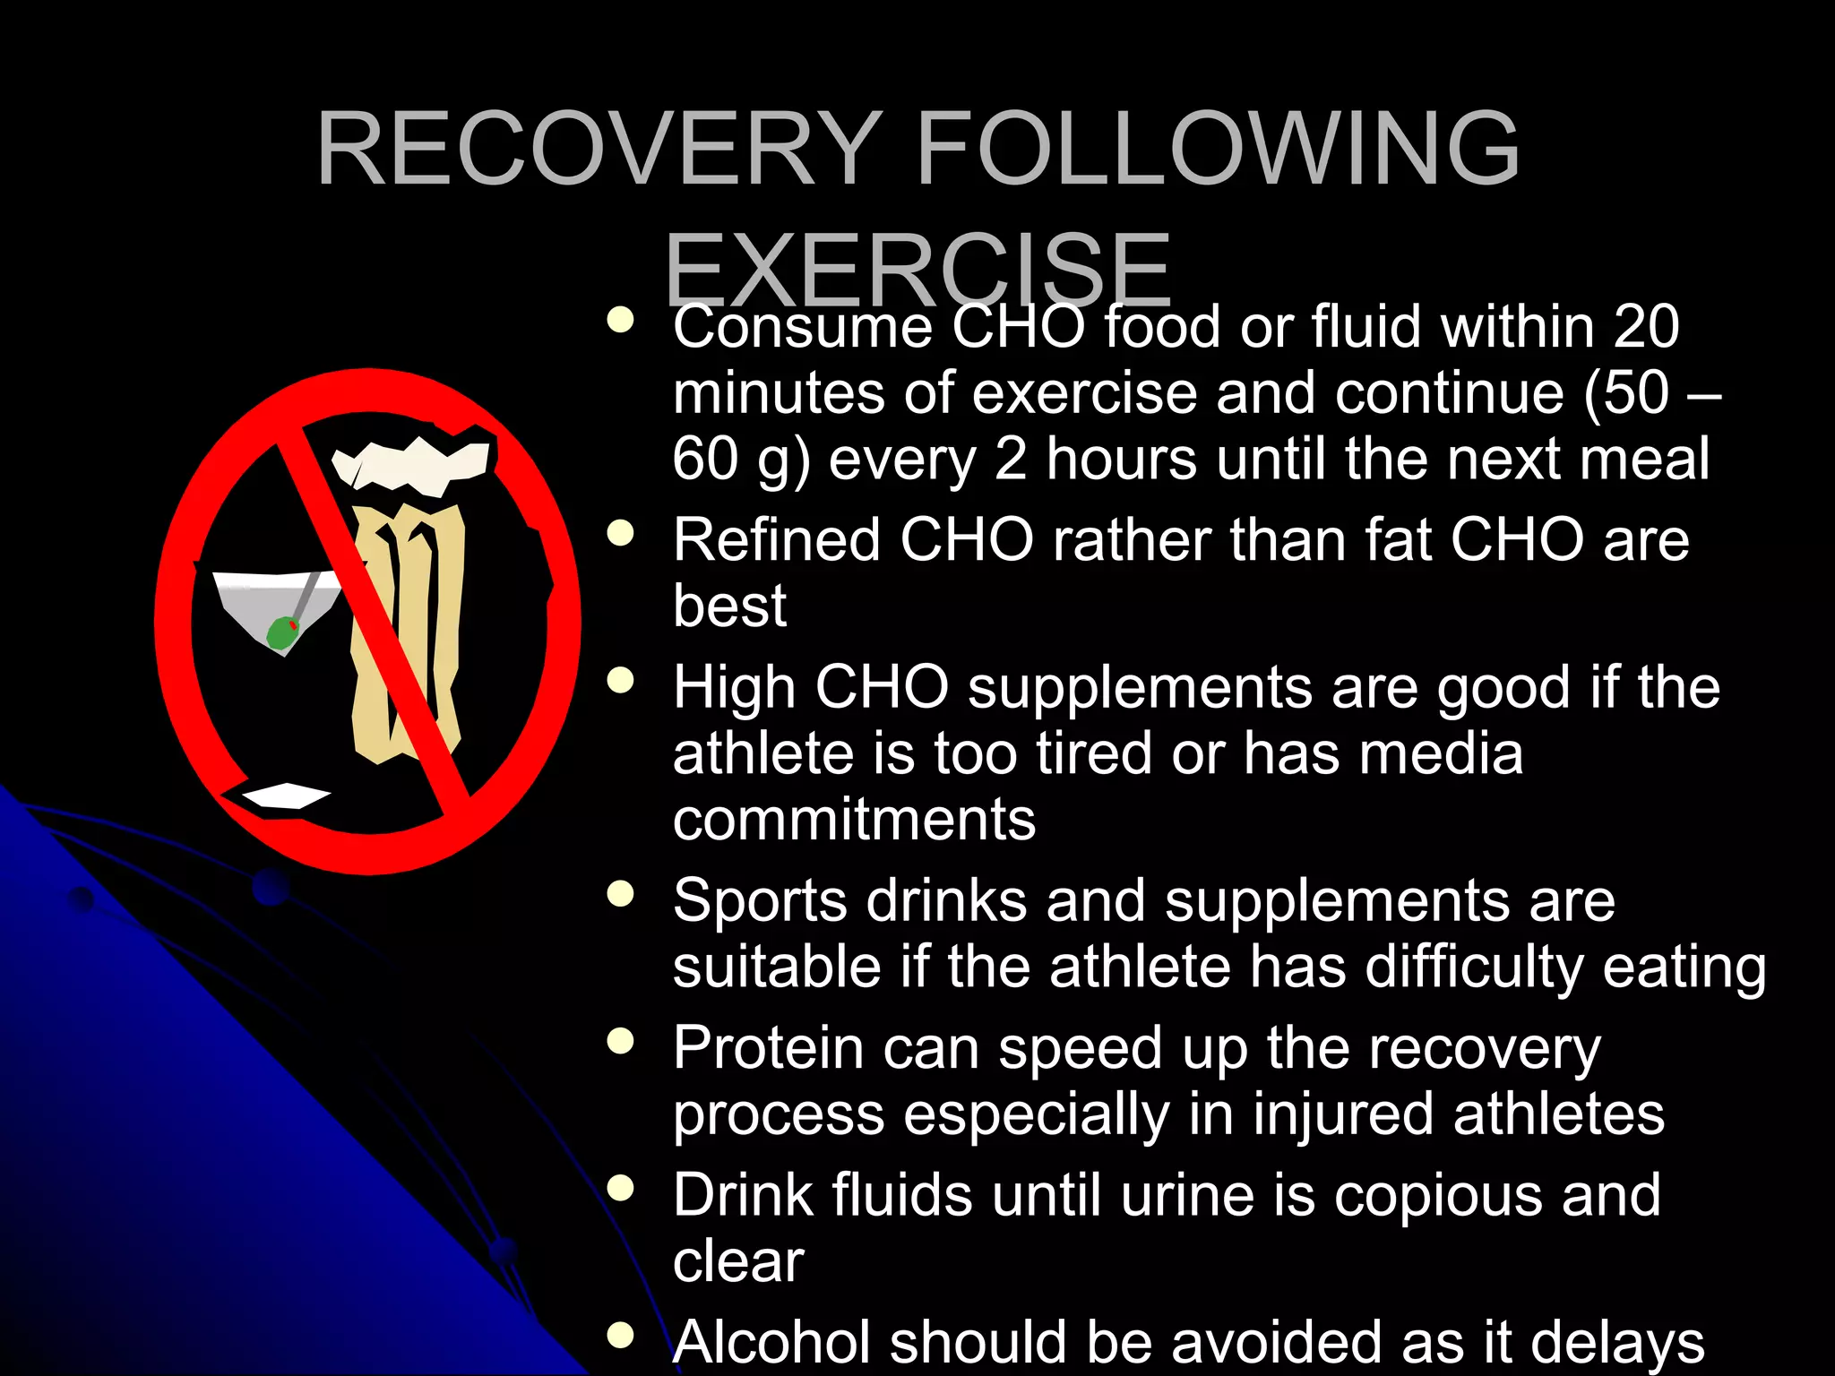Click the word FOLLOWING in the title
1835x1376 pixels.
[x=1218, y=150]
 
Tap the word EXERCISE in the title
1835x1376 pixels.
[x=917, y=269]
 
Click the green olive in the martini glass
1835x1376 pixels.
[x=283, y=633]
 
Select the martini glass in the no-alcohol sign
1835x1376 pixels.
[x=269, y=600]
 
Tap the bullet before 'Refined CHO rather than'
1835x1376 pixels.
[x=620, y=534]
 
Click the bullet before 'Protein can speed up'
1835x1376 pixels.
[x=620, y=1041]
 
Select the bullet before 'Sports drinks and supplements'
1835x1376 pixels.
[x=620, y=893]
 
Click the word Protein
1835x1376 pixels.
[x=768, y=1048]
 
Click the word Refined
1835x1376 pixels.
[x=776, y=540]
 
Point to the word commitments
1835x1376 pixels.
[x=854, y=819]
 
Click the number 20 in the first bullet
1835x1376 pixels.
[x=1646, y=326]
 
